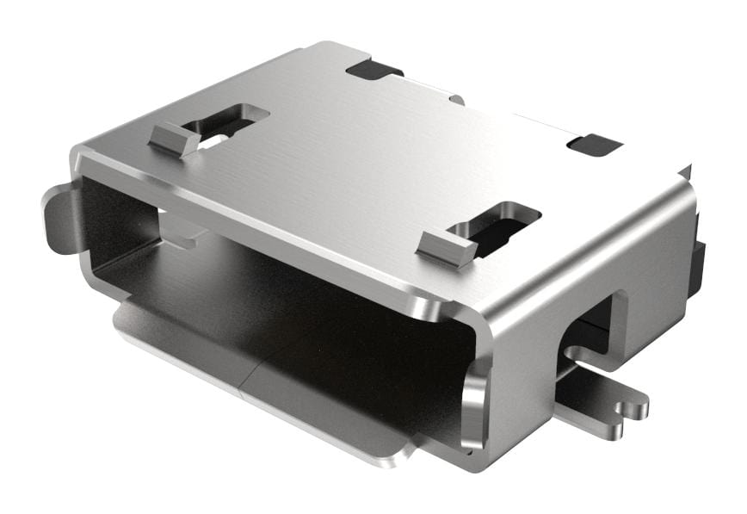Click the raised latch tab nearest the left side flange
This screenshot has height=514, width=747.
point(175,139)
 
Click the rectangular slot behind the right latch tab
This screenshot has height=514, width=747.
point(501,226)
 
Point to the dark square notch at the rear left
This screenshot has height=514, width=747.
point(373,70)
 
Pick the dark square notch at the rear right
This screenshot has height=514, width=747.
point(595,145)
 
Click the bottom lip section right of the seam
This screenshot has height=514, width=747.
point(327,422)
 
